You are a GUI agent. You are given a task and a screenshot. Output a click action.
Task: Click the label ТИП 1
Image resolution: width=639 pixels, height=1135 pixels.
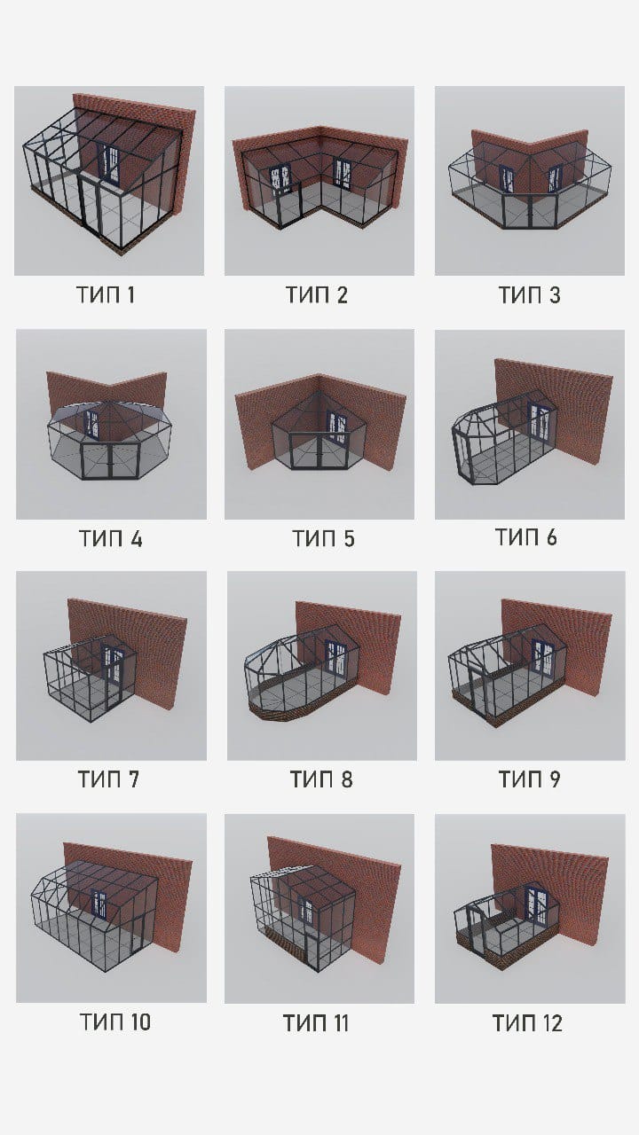[106, 295]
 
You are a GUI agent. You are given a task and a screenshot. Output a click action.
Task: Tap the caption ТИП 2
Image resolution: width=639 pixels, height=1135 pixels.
[317, 295]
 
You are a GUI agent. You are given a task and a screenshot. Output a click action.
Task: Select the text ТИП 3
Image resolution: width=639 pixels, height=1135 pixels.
[530, 295]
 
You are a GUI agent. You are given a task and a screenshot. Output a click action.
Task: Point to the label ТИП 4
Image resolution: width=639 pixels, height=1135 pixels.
[111, 538]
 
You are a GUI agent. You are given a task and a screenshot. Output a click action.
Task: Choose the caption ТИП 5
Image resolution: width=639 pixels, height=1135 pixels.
[323, 538]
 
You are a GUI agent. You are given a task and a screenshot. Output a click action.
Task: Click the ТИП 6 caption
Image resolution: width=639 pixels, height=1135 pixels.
[526, 537]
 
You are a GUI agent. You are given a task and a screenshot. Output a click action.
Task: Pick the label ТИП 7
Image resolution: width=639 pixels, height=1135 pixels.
[108, 779]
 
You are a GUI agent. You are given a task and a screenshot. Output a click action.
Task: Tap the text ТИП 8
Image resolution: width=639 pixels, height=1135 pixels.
[321, 779]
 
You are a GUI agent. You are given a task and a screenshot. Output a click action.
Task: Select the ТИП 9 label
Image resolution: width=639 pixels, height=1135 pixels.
[530, 779]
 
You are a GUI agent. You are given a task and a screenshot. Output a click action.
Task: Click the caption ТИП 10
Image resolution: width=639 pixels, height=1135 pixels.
[115, 1022]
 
